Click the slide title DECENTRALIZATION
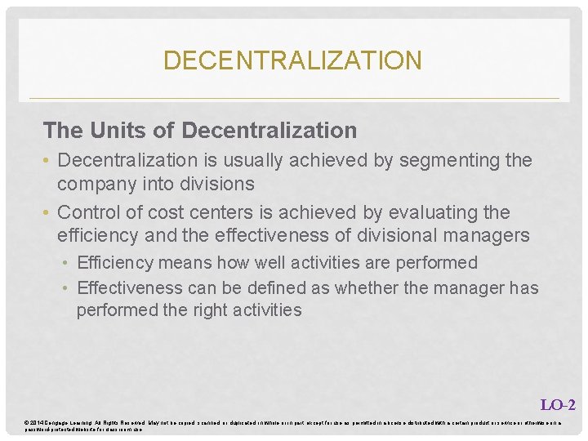pyautogui.click(x=292, y=60)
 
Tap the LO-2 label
pyautogui.click(x=558, y=404)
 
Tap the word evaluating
pyautogui.click(x=430, y=212)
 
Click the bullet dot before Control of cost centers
pyautogui.click(x=47, y=213)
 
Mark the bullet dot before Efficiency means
pyautogui.click(x=68, y=264)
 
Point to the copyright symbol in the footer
pyautogui.click(x=28, y=421)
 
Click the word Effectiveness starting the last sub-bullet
pyautogui.click(x=130, y=287)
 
